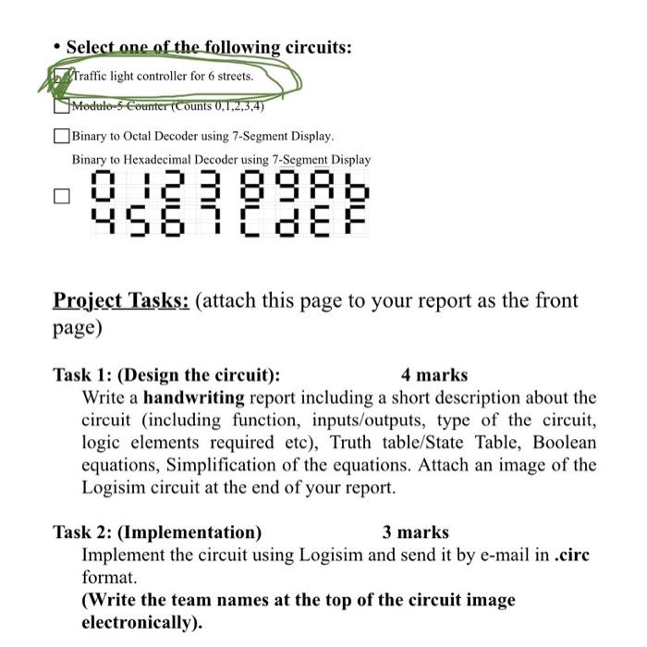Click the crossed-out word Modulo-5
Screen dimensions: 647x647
click(x=102, y=104)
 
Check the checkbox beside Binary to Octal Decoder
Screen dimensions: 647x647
click(x=61, y=137)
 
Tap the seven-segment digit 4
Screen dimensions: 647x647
click(x=100, y=218)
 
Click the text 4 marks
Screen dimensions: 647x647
click(x=434, y=375)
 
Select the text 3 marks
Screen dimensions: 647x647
click(x=415, y=532)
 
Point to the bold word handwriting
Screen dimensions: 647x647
click(x=194, y=398)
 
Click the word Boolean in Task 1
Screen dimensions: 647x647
click(x=564, y=443)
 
